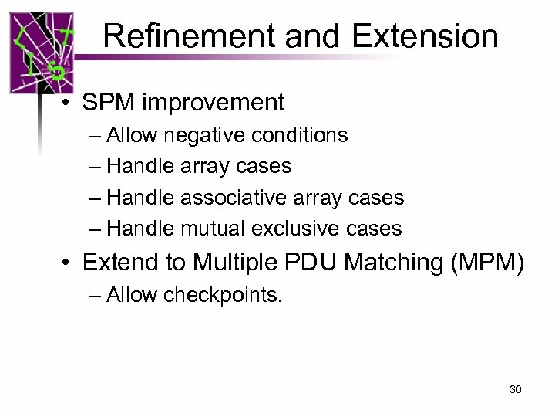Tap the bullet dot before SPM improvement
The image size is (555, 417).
point(69,103)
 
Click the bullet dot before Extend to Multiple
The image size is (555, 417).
point(69,264)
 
